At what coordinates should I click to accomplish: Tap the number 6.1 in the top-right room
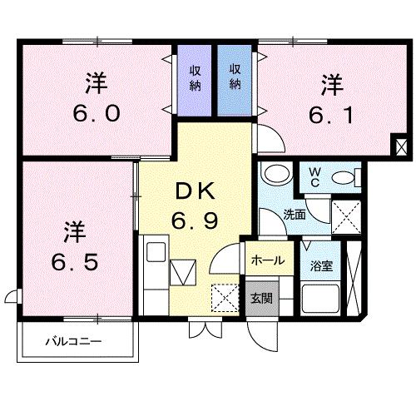[332, 113]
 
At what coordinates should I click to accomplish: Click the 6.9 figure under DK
[196, 221]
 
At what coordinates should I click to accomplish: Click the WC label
[315, 176]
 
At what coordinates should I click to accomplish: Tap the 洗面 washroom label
[294, 214]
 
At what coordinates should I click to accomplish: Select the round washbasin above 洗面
[272, 176]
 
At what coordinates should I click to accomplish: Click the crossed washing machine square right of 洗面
[345, 216]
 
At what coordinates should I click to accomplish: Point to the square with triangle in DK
[182, 271]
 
